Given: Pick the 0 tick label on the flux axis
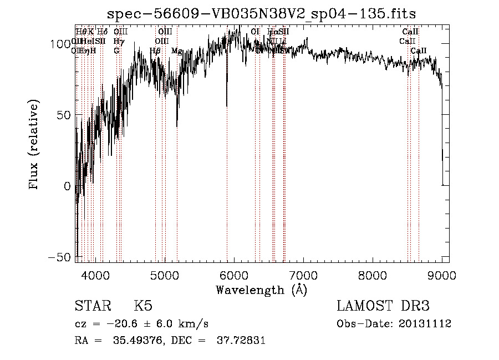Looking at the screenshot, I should [67, 186].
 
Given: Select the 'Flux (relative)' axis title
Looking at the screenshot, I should [34, 144].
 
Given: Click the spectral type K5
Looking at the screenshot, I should [143, 306].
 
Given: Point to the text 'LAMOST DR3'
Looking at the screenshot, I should [383, 306].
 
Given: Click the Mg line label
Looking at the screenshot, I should [177, 51].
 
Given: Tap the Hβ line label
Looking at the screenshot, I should [155, 51].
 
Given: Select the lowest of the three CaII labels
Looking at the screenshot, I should [419, 50].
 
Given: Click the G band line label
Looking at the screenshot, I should [116, 50].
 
